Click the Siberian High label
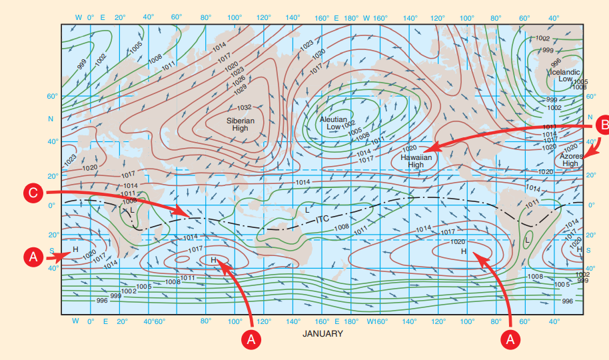coord(241,124)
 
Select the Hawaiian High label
coord(416,161)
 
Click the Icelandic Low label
coord(565,75)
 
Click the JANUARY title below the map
coord(322,333)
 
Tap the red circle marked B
coord(601,123)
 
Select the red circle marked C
coord(35,193)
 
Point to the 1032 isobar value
coord(245,107)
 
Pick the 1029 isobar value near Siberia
coord(241,88)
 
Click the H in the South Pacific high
coord(463,251)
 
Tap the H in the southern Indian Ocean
coord(213,260)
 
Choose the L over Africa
coord(133,210)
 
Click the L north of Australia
coord(306,209)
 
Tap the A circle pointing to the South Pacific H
coord(510,338)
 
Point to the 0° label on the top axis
coord(91,17)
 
